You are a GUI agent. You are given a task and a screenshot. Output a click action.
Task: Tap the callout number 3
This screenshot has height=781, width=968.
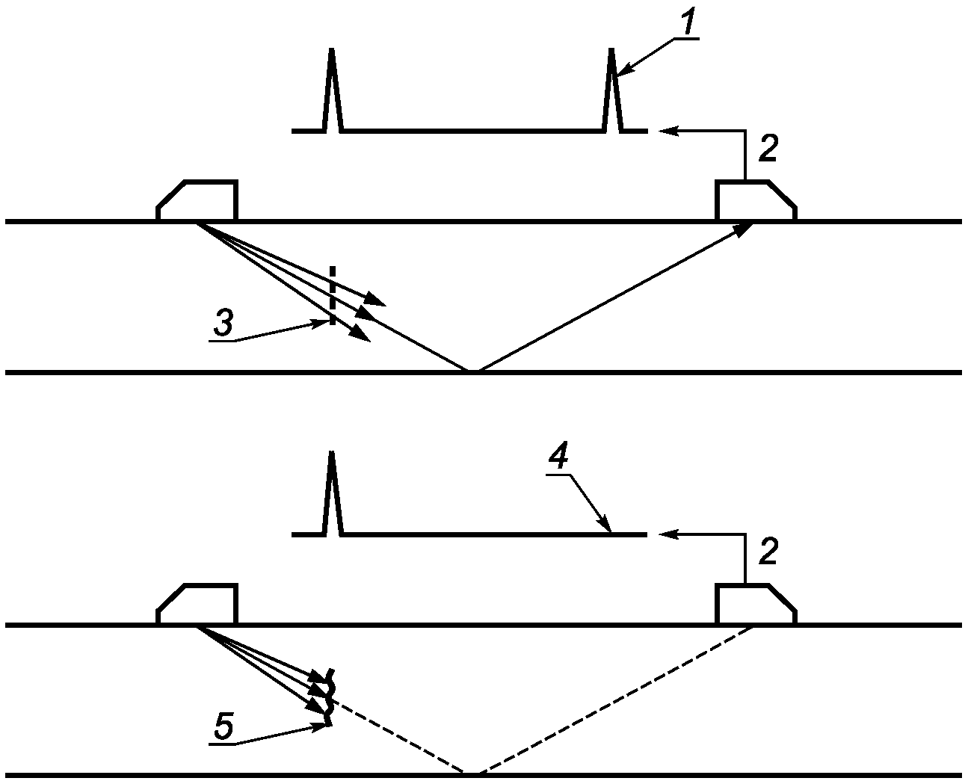tap(223, 323)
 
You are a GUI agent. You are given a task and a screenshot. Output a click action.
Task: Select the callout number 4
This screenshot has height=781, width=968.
tap(558, 456)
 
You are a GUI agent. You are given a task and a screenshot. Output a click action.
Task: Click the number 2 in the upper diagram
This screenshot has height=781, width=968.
tap(768, 149)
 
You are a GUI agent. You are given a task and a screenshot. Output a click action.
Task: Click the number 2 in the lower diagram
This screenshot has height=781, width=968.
tap(768, 552)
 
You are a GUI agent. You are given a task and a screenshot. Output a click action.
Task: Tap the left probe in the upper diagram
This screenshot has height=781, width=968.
tap(197, 200)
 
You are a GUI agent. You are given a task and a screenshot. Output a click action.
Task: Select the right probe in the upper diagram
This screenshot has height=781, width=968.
tap(756, 200)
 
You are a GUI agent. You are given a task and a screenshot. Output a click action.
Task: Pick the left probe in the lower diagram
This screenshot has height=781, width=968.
tap(197, 604)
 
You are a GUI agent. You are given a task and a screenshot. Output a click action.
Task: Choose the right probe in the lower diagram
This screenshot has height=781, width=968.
tap(756, 604)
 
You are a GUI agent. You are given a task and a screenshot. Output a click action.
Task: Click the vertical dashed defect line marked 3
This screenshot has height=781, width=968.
tap(333, 295)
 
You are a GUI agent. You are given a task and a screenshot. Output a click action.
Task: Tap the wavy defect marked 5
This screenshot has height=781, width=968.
tap(330, 698)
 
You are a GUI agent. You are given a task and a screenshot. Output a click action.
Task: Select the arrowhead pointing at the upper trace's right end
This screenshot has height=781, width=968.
tap(669, 131)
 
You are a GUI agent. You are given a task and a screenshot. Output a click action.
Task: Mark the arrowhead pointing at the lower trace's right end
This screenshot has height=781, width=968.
tap(669, 534)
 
